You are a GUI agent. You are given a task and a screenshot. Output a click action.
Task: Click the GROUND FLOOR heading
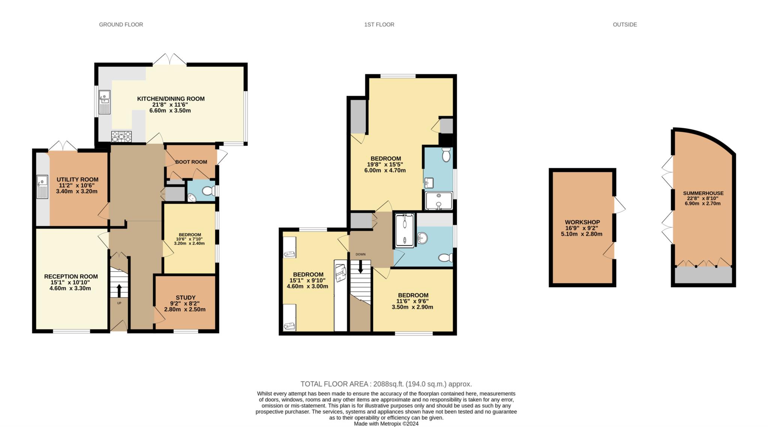pyautogui.click(x=121, y=24)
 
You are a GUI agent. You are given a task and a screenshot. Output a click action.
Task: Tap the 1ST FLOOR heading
pyautogui.click(x=379, y=24)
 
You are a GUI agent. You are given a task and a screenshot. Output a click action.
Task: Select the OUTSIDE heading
pyautogui.click(x=625, y=24)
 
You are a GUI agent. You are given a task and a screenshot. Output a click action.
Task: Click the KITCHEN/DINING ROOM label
pyautogui.click(x=171, y=99)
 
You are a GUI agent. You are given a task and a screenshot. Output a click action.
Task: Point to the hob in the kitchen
pyautogui.click(x=121, y=137)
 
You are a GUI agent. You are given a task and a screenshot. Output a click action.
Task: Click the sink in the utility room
pyautogui.click(x=42, y=187)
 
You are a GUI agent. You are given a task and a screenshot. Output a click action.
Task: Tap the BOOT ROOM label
pyautogui.click(x=191, y=162)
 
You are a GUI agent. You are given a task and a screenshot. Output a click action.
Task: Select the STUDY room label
pyautogui.click(x=186, y=298)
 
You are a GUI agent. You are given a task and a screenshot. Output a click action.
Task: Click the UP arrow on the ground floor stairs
pyautogui.click(x=119, y=291)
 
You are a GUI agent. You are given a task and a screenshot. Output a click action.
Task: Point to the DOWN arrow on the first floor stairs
pyautogui.click(x=360, y=267)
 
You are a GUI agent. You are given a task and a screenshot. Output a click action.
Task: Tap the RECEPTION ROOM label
pyautogui.click(x=71, y=276)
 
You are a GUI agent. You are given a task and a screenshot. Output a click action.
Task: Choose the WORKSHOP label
pyautogui.click(x=582, y=222)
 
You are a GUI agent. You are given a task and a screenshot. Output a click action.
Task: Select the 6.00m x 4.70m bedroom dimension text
pyautogui.click(x=386, y=170)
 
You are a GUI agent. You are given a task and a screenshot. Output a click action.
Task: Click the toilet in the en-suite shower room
pyautogui.click(x=446, y=155)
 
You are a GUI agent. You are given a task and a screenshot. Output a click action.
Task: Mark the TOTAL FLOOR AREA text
pyautogui.click(x=386, y=384)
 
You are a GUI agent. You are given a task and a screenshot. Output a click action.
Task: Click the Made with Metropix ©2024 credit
pyautogui.click(x=386, y=424)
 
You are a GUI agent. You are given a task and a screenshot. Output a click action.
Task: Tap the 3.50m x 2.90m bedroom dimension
pyautogui.click(x=412, y=307)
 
